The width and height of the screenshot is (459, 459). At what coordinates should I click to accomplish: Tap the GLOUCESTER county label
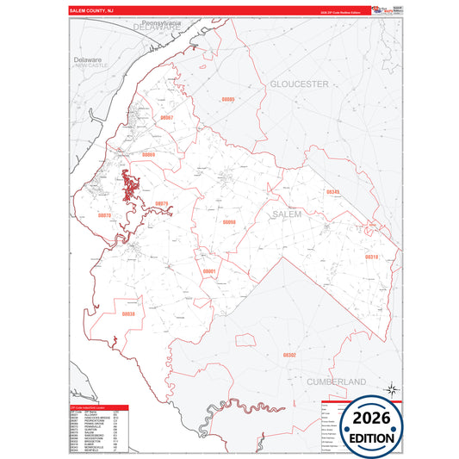pos(299,84)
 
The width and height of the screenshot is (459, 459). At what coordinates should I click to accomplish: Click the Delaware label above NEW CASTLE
pos(88,59)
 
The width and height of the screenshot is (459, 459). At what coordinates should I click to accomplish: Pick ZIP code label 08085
pos(227,99)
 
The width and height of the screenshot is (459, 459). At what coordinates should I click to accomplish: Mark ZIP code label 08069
pos(148,155)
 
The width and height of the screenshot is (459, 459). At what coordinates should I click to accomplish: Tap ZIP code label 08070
pos(104,215)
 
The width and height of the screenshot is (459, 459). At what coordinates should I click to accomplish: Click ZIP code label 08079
pos(161,204)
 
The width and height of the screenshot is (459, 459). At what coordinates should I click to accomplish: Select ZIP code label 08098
pos(229,221)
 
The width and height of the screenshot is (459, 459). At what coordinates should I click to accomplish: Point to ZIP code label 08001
pos(208,271)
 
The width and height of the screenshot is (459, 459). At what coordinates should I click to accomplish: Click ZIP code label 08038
pos(128,314)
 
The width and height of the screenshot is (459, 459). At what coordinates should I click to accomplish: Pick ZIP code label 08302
pos(289,354)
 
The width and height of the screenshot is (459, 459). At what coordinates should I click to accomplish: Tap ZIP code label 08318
pos(370,257)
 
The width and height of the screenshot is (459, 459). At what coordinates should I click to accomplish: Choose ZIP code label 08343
pos(332,192)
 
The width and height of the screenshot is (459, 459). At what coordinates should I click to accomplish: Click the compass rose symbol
pos(392,389)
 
